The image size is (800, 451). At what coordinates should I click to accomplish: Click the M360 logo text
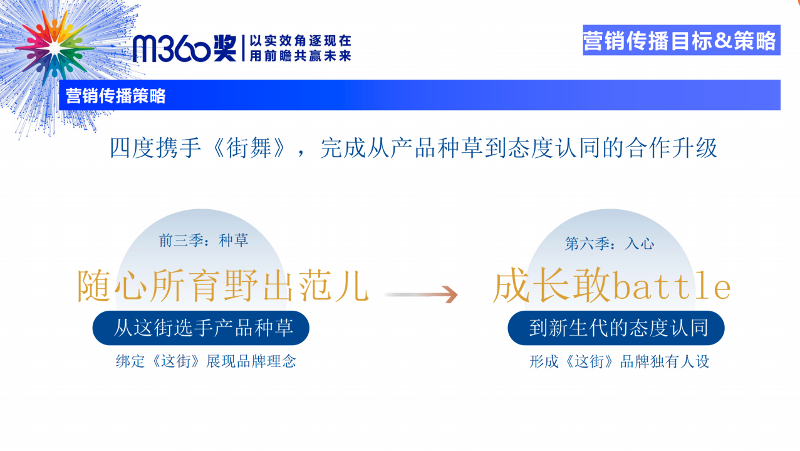(172, 48)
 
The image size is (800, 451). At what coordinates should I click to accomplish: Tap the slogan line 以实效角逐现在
(300, 41)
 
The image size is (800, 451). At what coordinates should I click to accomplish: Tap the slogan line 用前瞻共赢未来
(300, 56)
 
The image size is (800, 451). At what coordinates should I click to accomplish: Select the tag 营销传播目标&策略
(681, 40)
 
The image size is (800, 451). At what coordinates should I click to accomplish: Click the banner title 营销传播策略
(115, 96)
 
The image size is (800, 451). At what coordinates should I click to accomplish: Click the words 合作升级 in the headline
(672, 148)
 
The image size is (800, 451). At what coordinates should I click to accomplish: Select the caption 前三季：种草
(204, 241)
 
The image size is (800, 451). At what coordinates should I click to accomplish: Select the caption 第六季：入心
(610, 244)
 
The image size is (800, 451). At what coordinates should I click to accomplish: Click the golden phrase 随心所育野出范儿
(223, 286)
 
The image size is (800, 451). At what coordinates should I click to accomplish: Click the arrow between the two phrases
(421, 294)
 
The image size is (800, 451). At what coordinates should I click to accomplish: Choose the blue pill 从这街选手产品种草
(200, 328)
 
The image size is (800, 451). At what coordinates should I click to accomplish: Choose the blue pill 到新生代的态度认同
(616, 328)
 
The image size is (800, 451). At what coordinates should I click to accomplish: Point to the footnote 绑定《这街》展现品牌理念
(206, 361)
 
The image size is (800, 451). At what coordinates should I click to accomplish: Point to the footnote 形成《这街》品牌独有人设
(620, 361)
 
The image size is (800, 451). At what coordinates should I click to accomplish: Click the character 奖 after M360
(225, 48)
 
